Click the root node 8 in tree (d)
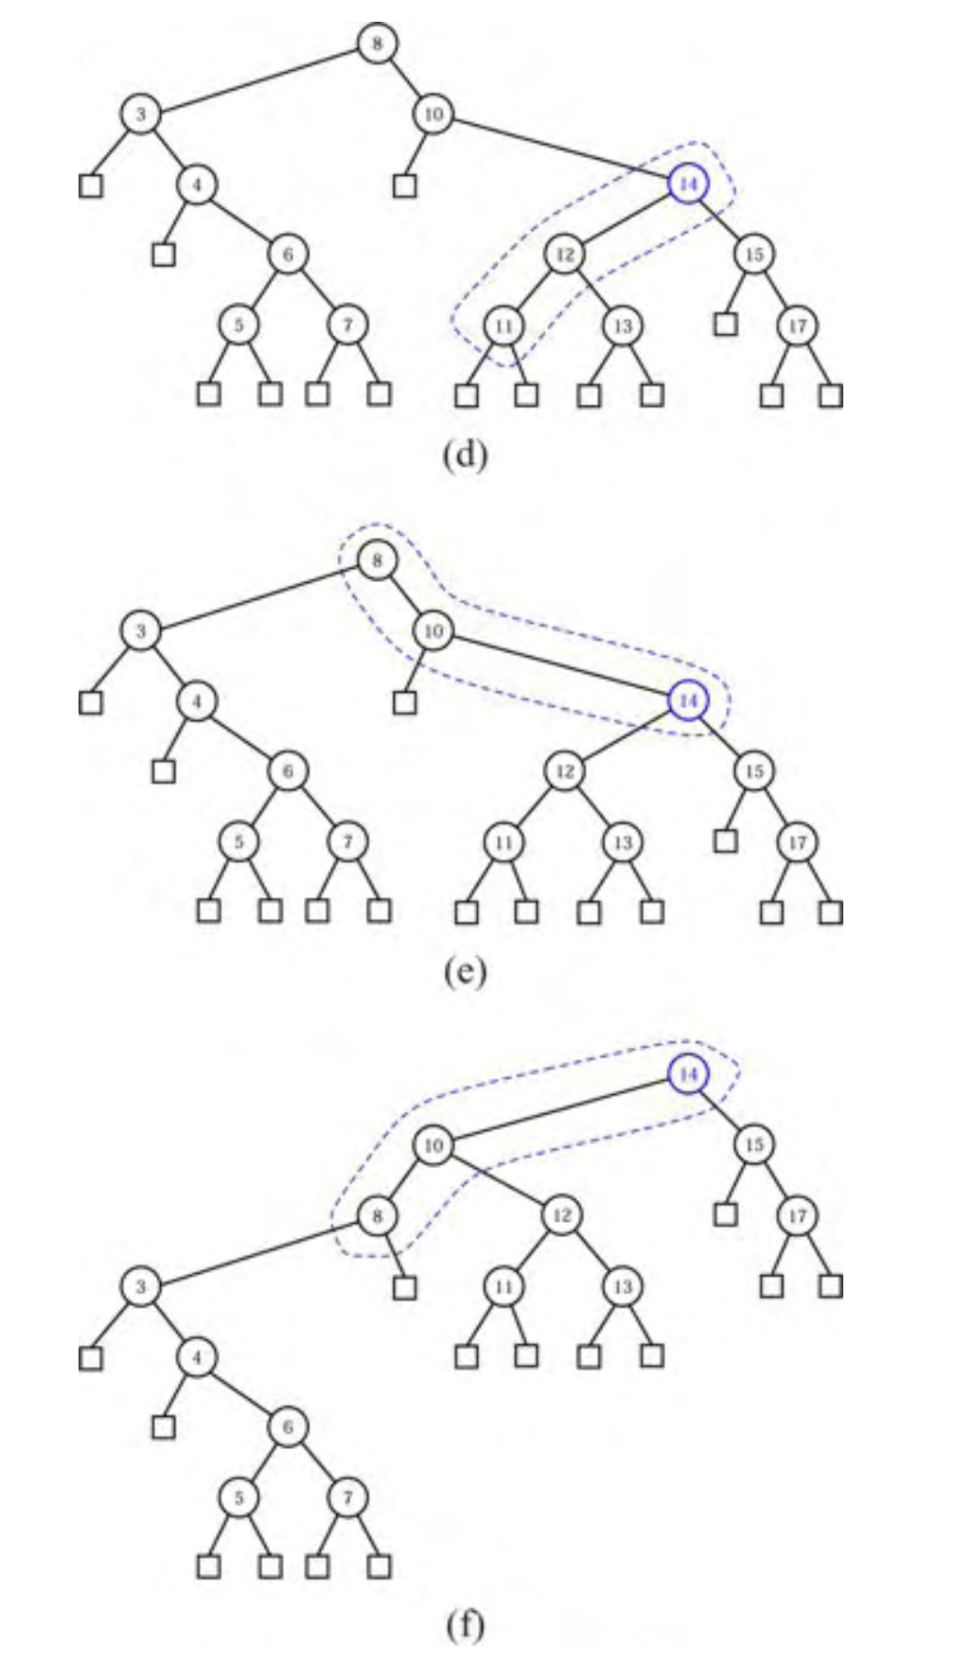point(377,44)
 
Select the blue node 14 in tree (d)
point(688,184)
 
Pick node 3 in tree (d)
point(140,115)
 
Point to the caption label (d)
point(465,456)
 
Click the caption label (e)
point(465,972)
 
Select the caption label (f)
point(465,1625)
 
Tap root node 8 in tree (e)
point(377,561)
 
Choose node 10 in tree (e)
point(433,631)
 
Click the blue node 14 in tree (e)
point(688,700)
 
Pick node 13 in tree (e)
point(622,841)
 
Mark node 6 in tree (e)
point(288,771)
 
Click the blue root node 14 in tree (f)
point(688,1074)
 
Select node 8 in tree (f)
point(377,1215)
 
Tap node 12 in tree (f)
point(562,1215)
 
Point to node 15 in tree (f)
point(753,1145)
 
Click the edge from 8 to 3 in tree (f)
point(258,1251)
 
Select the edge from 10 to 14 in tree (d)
point(560,149)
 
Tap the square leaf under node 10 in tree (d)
point(405,186)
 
